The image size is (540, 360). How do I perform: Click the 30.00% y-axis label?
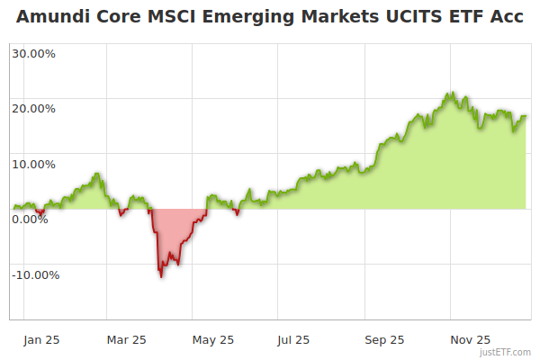click(x=33, y=53)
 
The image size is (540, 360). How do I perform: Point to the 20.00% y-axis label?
click(x=33, y=109)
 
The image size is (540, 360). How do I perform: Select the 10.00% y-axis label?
click(x=33, y=165)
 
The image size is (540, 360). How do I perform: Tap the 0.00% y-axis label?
click(x=30, y=220)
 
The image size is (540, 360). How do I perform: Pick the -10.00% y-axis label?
click(x=35, y=275)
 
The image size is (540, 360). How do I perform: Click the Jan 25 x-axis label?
click(x=41, y=340)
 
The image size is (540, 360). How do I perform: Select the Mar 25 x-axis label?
click(x=126, y=340)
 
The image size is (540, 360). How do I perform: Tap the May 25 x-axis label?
click(x=213, y=340)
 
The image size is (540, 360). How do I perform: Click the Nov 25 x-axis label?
click(x=471, y=340)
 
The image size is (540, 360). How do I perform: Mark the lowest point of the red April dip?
click(x=161, y=276)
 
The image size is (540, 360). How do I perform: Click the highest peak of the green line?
click(x=452, y=92)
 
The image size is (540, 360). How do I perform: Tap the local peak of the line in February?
click(x=98, y=174)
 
